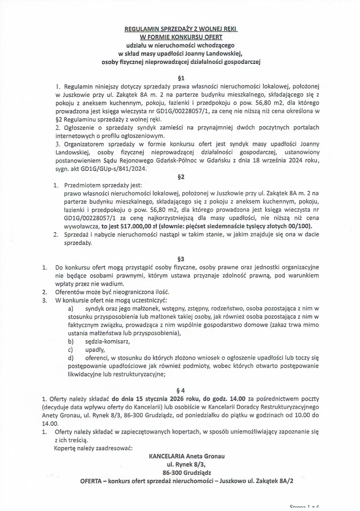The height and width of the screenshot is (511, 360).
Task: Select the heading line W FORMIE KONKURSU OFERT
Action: (180, 37)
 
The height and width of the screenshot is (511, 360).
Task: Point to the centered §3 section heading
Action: (181, 259)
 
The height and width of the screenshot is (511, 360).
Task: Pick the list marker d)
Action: (70, 358)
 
